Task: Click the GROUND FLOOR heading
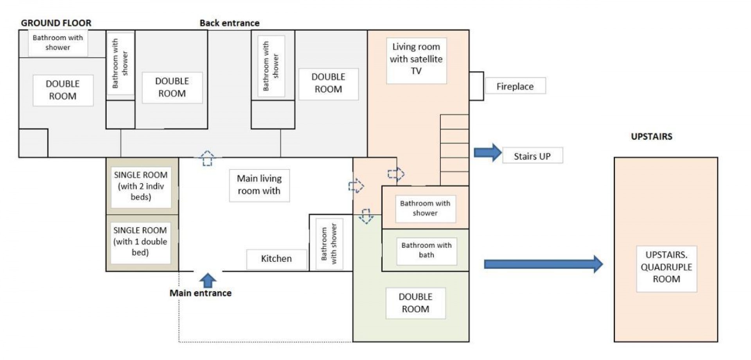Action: [x=56, y=23]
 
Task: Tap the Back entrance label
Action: [x=229, y=23]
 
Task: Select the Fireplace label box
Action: [x=515, y=86]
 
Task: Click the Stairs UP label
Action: [x=532, y=156]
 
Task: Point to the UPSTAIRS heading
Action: [x=651, y=137]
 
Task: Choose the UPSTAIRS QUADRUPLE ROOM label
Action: [x=666, y=267]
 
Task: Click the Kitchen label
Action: [x=276, y=259]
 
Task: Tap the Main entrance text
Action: [x=200, y=293]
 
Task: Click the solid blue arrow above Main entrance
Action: [x=208, y=280]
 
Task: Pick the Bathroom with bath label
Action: [x=426, y=250]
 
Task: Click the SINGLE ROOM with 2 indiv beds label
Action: [x=141, y=186]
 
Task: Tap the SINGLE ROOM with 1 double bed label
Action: [x=140, y=241]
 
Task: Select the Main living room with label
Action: [x=259, y=185]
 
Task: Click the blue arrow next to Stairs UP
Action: [x=488, y=152]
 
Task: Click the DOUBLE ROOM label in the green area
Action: [x=415, y=303]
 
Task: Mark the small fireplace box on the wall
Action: [x=476, y=86]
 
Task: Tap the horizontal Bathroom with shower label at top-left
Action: [x=58, y=43]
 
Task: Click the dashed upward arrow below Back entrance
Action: [x=207, y=158]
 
